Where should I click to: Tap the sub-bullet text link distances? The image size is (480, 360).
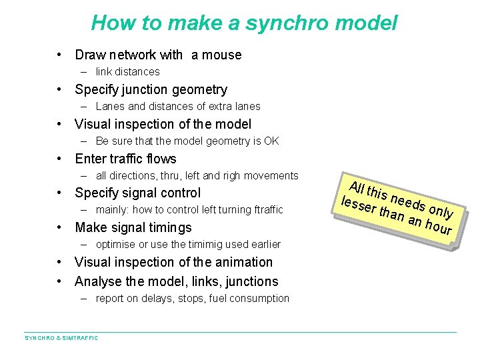coord(128,72)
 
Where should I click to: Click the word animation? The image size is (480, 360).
coord(239,263)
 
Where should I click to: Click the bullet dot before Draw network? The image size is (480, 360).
coord(60,55)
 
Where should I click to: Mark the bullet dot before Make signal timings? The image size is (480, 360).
coord(60,228)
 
